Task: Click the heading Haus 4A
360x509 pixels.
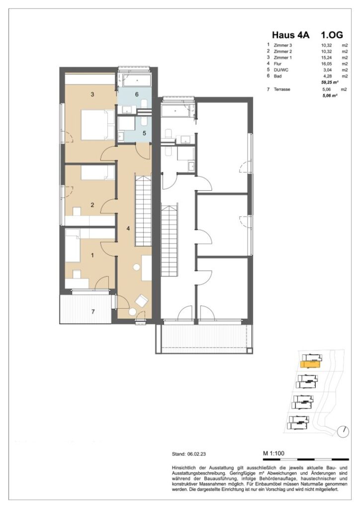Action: coord(290,35)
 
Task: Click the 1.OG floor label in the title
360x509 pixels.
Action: coord(332,35)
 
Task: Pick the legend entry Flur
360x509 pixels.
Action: coord(277,64)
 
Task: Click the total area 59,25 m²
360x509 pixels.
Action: coord(330,82)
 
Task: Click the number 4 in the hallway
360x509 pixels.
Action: coord(128,229)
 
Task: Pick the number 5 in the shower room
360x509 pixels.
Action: coord(145,133)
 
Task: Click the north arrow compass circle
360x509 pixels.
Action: coord(343,431)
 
